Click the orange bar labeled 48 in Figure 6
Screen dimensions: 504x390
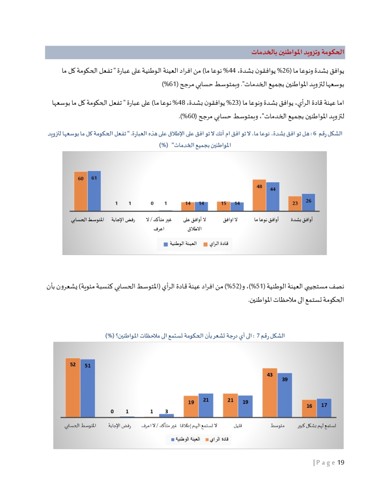click(259, 196)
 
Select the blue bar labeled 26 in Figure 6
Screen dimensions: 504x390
click(308, 203)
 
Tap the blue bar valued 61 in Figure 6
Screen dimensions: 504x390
click(94, 191)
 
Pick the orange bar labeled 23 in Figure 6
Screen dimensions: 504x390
click(295, 204)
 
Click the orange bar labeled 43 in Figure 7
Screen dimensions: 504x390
click(269, 393)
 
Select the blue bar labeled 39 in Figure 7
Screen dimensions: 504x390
click(285, 395)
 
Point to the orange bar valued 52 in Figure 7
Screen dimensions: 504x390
click(73, 388)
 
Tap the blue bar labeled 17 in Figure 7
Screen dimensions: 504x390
click(324, 408)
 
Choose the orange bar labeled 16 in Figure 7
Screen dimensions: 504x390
click(309, 409)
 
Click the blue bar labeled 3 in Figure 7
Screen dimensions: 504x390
click(167, 415)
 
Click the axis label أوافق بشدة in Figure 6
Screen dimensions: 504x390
click(301, 220)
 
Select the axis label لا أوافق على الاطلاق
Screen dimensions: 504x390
click(195, 224)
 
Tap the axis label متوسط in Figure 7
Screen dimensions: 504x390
click(277, 426)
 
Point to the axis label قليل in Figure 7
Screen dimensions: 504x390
click(238, 426)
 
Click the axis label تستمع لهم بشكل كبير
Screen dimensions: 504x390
click(317, 426)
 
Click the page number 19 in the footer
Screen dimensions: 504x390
click(341, 463)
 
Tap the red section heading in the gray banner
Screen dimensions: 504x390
click(298, 52)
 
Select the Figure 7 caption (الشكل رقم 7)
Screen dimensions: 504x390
click(195, 336)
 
